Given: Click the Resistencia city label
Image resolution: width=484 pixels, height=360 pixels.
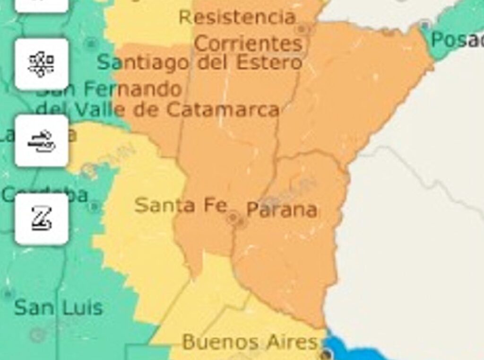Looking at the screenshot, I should coord(237,18).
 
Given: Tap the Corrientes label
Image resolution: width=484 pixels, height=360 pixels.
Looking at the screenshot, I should coord(248,44).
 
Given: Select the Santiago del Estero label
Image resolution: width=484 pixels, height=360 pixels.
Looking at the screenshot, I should coord(199,62).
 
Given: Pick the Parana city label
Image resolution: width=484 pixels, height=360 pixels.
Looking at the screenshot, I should coord(282,210).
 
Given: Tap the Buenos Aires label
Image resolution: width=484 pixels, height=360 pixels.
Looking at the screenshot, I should coord(250,342).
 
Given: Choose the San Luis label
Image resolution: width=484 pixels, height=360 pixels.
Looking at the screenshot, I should coord(59,307).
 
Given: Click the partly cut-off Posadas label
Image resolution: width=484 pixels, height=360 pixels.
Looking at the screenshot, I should coord(457,40).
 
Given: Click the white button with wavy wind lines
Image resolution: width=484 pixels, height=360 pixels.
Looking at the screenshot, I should coord(42,140).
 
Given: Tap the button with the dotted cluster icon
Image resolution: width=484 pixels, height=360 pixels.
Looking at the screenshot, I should coord(42,64).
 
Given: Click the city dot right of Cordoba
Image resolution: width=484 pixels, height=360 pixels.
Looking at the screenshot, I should coord(95,206).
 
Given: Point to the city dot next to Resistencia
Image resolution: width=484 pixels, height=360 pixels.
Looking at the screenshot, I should coord(302,29).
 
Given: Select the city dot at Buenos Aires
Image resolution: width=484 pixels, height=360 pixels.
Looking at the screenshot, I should coord(326,354).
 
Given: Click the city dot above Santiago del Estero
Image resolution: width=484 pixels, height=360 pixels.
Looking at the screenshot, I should coord(91,44).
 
